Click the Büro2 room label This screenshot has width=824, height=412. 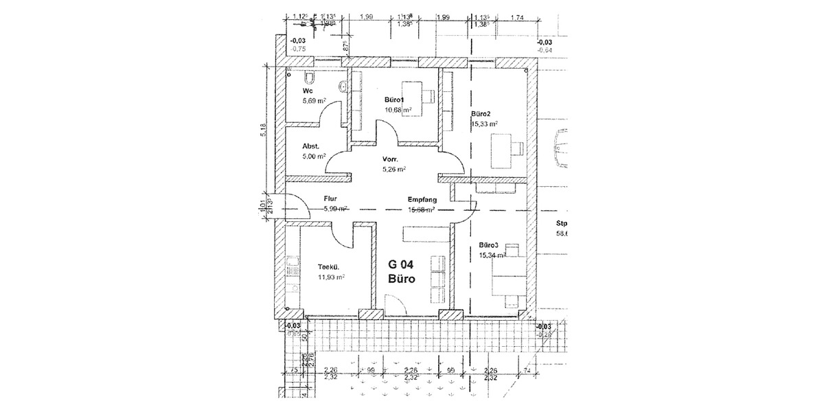pos(481,113)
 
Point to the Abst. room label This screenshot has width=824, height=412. pos(310,146)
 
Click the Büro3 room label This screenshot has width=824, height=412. pos(489,244)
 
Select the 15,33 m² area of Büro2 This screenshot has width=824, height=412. pos(485,124)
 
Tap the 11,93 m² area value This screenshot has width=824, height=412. pos(330,278)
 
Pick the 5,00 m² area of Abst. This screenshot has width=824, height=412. pos(313,157)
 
